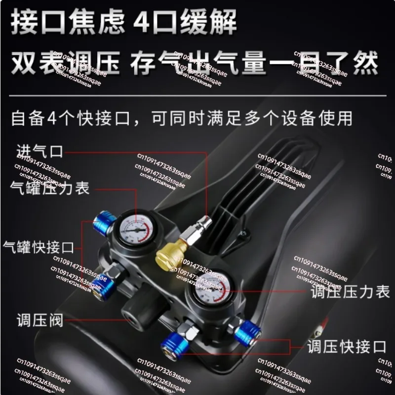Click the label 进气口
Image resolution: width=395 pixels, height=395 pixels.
(39, 151)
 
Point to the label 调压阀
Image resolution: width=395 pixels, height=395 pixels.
(39, 320)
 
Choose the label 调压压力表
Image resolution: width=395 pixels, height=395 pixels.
(350, 292)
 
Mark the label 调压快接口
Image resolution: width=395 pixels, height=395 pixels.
(346, 346)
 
